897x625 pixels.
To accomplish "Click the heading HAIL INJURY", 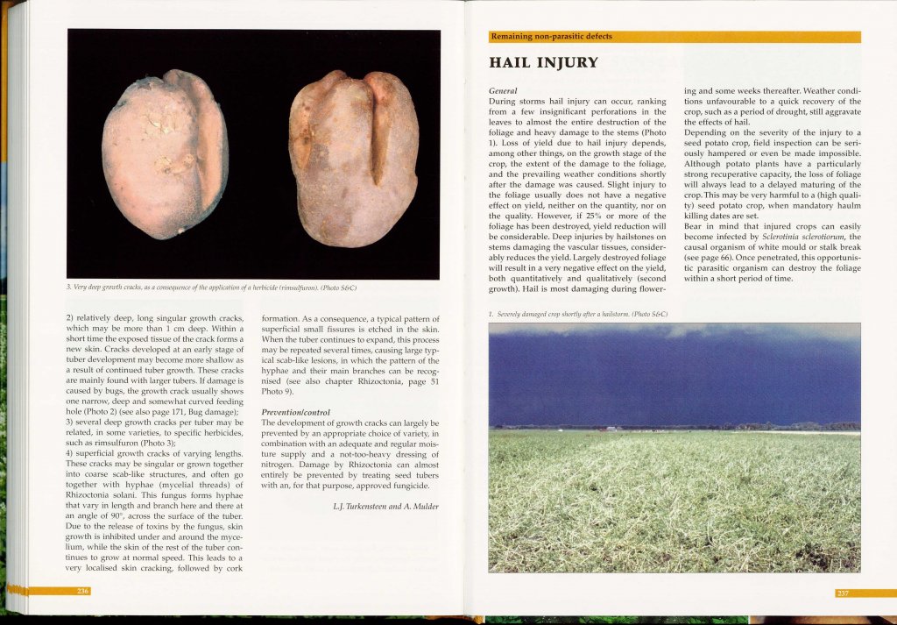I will coord(543,62).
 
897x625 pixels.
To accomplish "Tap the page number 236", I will coord(82,592).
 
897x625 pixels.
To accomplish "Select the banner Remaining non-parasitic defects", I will coord(552,37).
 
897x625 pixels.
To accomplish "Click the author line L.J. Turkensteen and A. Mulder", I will coord(385,506).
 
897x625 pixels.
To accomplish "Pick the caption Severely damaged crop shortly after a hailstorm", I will coord(578,314).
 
